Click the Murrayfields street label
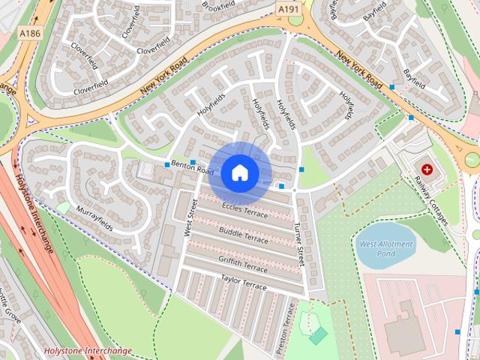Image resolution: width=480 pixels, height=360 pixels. click(94, 215)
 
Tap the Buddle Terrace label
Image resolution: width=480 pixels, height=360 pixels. click(243, 235)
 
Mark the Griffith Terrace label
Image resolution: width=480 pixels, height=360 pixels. click(243, 262)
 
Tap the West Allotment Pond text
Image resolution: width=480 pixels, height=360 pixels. click(385, 249)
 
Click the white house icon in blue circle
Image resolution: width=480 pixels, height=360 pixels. click(239, 172)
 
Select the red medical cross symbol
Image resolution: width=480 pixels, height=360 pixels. click(427, 170)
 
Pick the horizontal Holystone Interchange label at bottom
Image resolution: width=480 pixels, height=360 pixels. click(88, 350)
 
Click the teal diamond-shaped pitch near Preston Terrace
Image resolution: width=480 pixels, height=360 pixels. click(318, 335)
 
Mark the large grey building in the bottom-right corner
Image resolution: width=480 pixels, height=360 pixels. click(405, 326)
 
